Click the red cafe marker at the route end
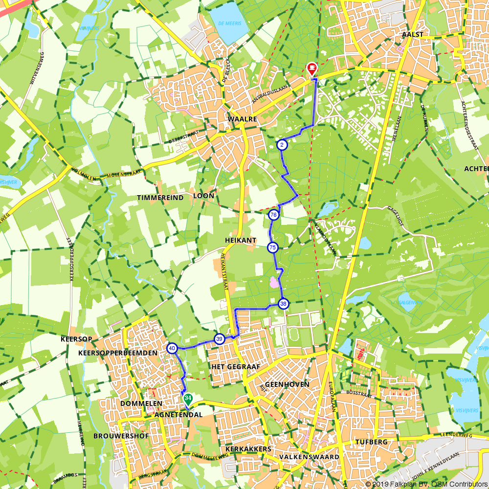[311, 69]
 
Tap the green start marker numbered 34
[188, 399]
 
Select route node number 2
[282, 145]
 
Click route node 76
[273, 215]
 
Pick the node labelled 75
[272, 248]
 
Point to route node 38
[283, 304]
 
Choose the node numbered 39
[220, 339]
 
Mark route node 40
[172, 348]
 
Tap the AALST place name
[412, 35]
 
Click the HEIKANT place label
[241, 241]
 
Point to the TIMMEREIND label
[160, 198]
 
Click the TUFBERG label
[373, 442]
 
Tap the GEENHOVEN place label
[287, 384]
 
